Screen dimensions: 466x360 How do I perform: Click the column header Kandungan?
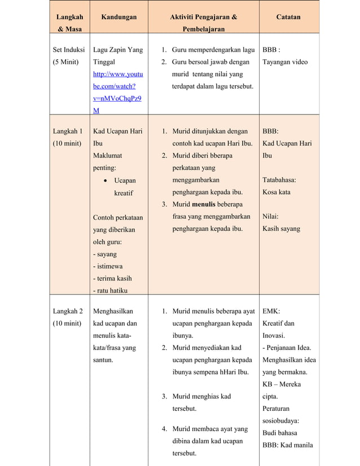(118, 17)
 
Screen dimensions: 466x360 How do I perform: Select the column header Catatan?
(288, 17)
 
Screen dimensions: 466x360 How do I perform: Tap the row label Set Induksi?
(68, 50)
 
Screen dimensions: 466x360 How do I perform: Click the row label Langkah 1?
(68, 131)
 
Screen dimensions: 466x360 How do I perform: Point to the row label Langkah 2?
(68, 311)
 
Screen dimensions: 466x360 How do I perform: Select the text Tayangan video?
(285, 62)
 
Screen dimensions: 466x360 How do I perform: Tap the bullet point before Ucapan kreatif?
(106, 181)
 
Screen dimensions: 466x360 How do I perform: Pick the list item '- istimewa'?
(108, 266)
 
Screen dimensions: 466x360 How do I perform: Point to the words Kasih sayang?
(281, 229)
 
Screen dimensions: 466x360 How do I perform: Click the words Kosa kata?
(276, 192)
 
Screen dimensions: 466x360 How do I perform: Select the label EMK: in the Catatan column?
(271, 311)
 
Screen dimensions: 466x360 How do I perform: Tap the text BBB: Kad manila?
(287, 445)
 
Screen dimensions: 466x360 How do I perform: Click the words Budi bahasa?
(280, 433)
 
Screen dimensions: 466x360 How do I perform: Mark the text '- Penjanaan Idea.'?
(286, 348)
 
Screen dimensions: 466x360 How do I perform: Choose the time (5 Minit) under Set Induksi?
(65, 62)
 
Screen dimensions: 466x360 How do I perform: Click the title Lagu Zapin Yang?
(117, 50)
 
